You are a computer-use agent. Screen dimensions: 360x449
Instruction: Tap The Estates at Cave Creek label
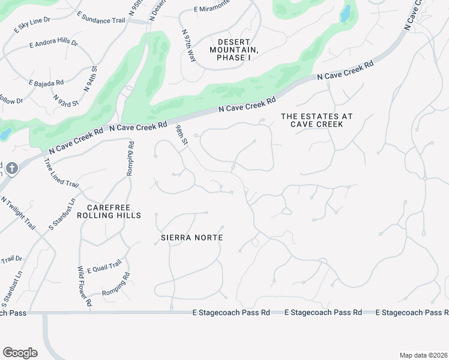tap(316, 120)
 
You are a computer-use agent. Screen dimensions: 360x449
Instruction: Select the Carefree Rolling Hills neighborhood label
tap(109, 211)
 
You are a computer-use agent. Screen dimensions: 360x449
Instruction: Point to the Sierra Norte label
tap(192, 238)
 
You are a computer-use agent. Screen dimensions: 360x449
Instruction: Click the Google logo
tap(20, 353)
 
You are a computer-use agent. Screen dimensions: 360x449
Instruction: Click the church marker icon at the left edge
tap(11, 169)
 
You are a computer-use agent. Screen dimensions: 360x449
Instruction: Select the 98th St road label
tap(182, 135)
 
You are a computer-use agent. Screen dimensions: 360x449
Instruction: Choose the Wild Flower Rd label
tap(83, 287)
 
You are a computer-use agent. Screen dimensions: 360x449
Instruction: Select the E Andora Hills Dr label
tap(53, 44)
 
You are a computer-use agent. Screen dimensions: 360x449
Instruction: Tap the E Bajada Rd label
tap(46, 83)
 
